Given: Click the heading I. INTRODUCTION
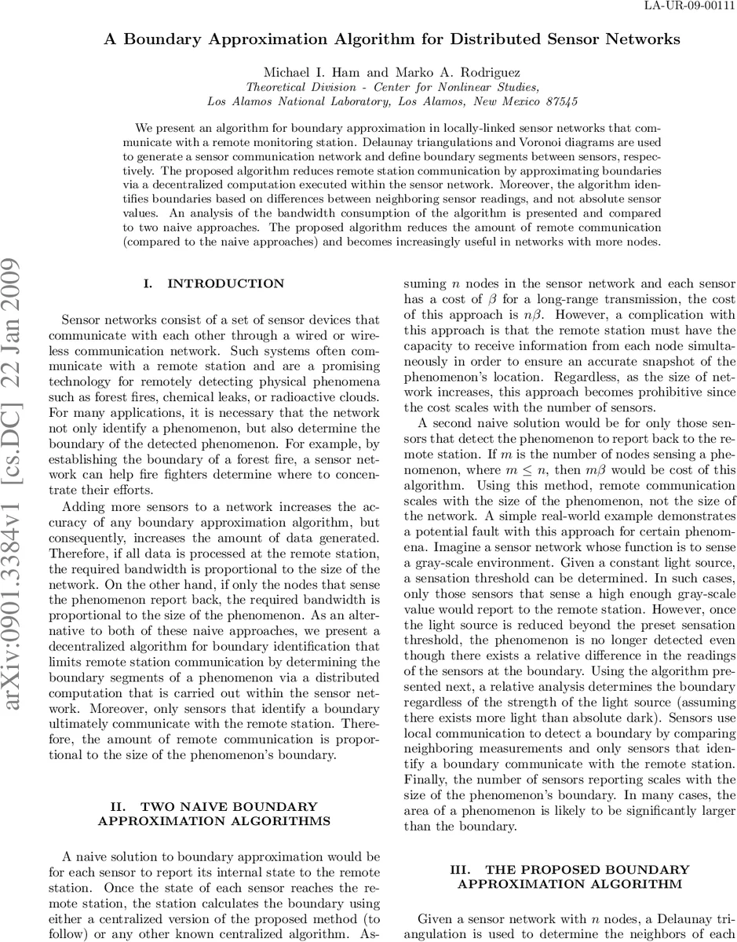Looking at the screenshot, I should (213, 283).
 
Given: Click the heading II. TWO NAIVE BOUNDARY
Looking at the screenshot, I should (213, 806).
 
